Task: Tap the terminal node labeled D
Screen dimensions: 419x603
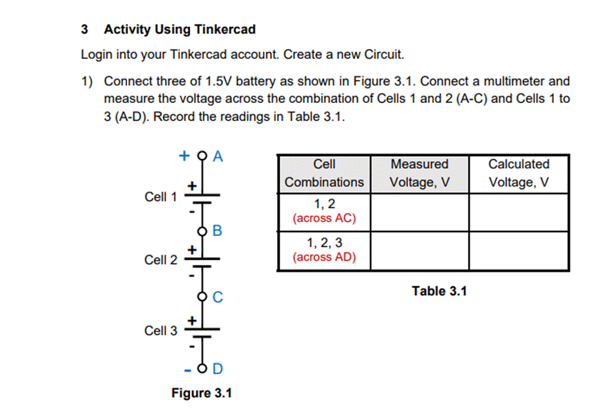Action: click(203, 367)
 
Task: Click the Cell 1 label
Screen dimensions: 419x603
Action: click(160, 197)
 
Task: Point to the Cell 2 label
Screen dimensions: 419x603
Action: click(160, 260)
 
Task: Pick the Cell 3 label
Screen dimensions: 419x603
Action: click(160, 330)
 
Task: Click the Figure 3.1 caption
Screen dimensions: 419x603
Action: click(202, 393)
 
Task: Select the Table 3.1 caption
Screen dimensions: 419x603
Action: click(439, 291)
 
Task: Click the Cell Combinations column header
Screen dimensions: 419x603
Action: click(324, 173)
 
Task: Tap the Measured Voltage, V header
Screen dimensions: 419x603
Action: click(419, 173)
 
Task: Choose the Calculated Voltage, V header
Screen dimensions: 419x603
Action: click(519, 173)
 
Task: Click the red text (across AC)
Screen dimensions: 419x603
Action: click(324, 218)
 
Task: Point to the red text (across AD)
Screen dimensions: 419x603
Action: click(324, 257)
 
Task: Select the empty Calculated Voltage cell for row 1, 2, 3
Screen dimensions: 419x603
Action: click(519, 250)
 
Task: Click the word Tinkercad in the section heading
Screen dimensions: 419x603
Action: click(225, 30)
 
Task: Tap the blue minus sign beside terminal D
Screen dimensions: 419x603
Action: click(187, 368)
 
